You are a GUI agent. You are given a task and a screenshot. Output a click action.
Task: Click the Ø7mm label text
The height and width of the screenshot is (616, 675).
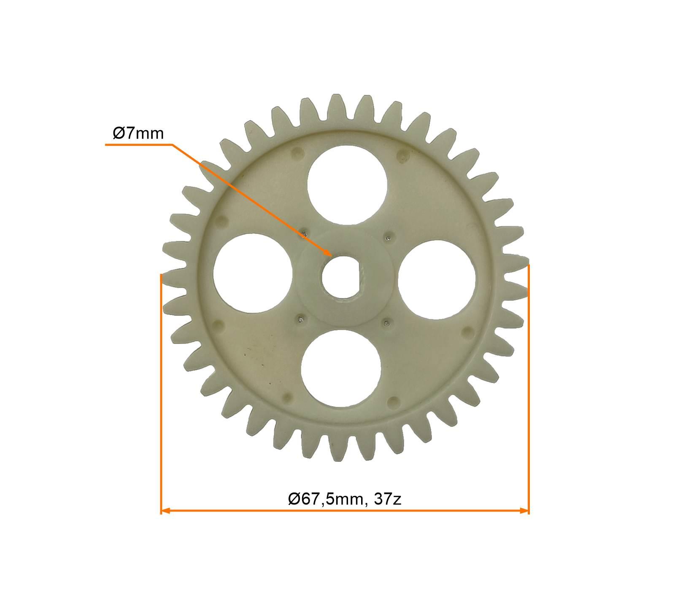click(138, 134)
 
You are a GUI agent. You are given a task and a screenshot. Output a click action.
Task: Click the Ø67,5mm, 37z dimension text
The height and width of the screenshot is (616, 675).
click(344, 499)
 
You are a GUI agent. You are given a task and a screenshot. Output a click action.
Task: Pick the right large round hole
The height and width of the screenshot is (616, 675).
click(437, 279)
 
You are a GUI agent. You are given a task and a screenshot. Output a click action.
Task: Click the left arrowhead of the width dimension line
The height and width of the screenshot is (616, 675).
click(165, 511)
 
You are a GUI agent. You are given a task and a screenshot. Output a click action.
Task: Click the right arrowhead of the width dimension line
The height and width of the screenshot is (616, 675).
click(524, 511)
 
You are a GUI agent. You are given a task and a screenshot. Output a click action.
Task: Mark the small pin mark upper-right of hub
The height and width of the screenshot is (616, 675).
click(389, 237)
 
